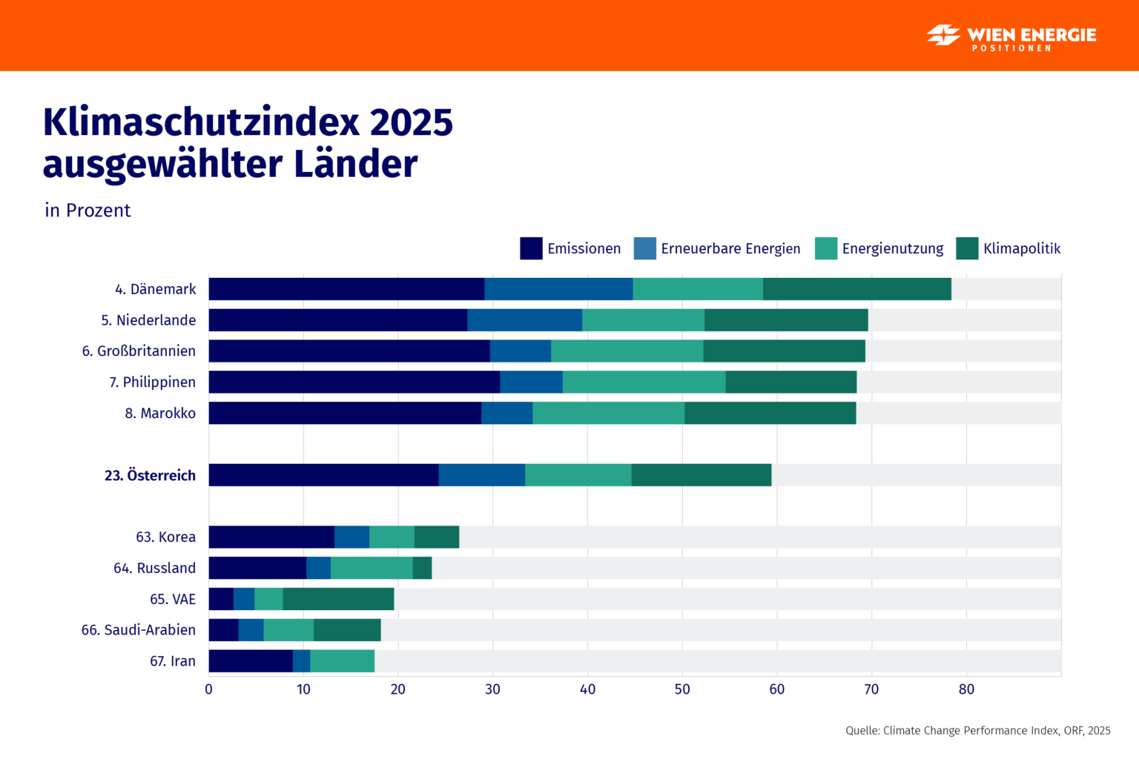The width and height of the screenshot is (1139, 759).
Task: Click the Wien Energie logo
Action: click(x=1011, y=36)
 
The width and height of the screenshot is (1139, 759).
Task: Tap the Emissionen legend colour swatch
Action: click(x=531, y=248)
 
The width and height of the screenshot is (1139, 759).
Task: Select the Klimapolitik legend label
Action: click(x=1021, y=248)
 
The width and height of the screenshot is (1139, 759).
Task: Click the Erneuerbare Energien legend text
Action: click(x=730, y=248)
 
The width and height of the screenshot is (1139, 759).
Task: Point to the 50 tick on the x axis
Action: click(x=682, y=689)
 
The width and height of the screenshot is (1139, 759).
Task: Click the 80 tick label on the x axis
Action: click(x=966, y=689)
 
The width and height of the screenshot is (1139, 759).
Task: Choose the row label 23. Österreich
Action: click(x=150, y=475)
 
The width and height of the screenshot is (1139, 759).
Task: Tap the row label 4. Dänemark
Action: click(x=156, y=289)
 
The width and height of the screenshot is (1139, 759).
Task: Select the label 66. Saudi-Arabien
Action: click(x=139, y=630)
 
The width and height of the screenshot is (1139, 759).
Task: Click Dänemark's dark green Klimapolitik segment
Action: click(x=856, y=289)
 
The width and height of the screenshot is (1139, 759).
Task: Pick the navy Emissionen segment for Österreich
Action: click(x=323, y=475)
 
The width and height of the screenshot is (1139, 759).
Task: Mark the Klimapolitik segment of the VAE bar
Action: click(x=338, y=599)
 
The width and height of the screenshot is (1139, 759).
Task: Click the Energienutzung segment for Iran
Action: click(x=342, y=661)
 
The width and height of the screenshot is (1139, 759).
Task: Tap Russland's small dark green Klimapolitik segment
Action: click(x=422, y=568)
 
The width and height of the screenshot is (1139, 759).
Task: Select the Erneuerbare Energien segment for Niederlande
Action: click(x=524, y=320)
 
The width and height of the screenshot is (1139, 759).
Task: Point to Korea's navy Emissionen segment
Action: click(x=271, y=537)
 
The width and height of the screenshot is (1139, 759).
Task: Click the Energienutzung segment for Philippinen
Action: click(x=644, y=382)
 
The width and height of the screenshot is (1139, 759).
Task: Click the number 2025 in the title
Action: click(x=411, y=122)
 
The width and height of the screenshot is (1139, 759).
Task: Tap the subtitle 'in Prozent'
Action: click(x=88, y=211)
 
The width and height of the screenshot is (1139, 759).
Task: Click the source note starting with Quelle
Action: click(x=977, y=731)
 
